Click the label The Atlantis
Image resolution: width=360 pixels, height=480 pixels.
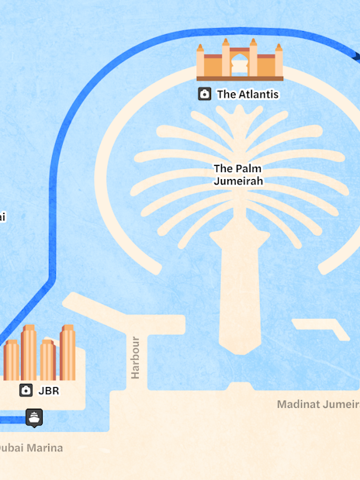coord(247,95)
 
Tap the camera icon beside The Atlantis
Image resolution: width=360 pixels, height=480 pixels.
coord(205,95)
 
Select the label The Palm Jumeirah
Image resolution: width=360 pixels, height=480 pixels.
coord(238,174)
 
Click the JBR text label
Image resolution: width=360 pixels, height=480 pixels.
coord(48,391)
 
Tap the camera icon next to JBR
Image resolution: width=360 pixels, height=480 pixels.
coord(26,391)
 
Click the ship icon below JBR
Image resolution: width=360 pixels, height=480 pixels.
coord(35,417)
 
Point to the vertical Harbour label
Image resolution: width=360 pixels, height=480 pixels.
coord(136,357)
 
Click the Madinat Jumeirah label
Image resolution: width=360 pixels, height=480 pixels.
coord(318,404)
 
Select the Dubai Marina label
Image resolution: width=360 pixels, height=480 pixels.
coord(31,447)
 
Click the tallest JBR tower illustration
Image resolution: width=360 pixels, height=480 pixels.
coord(29,353)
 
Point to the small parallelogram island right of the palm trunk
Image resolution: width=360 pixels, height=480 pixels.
coord(321,329)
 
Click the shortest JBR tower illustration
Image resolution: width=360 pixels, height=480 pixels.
coord(11,360)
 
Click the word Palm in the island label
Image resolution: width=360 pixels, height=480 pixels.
coord(250,169)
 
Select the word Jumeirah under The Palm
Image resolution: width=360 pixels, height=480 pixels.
coord(238,181)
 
